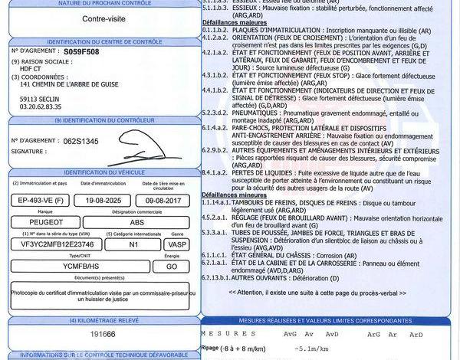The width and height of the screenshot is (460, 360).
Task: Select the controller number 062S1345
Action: (x=82, y=141)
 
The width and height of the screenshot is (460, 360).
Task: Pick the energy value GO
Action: (x=172, y=266)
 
